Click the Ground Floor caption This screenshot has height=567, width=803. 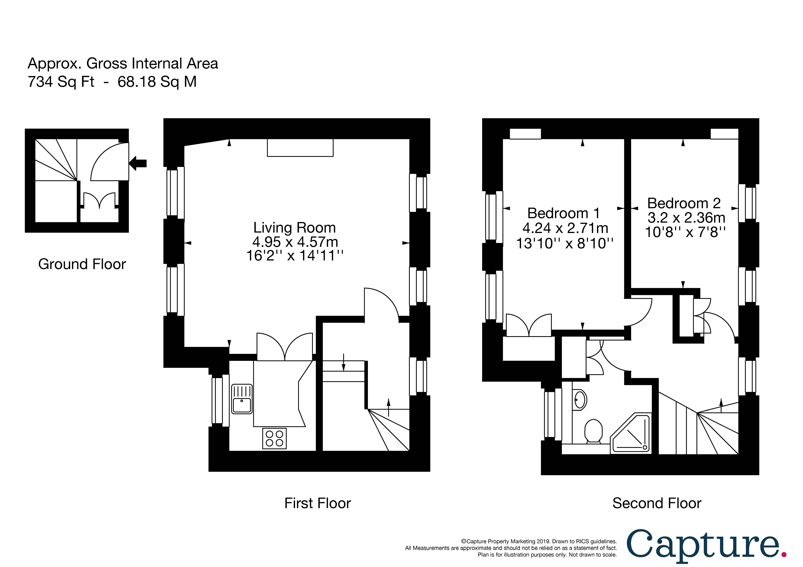tap(82, 264)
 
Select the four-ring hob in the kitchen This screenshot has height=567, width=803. tap(274, 438)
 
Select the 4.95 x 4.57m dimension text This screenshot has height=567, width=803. tap(295, 242)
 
